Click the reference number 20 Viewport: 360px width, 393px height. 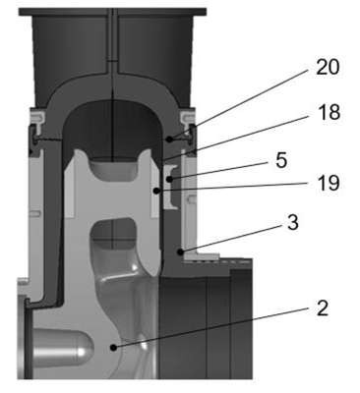pos(328,68)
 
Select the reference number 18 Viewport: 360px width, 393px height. pos(329,112)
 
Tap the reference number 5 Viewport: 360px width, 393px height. pos(281,161)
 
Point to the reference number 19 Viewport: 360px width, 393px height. pos(329,184)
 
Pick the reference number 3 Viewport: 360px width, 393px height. pos(292,223)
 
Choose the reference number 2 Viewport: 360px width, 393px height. pos(323,309)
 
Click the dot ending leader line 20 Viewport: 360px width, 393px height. pos(169,140)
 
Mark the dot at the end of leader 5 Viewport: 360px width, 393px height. pos(169,179)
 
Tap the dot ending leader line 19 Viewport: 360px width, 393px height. pos(157,190)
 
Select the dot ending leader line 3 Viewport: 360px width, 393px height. pos(180,252)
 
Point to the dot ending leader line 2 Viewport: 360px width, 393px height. pos(113,348)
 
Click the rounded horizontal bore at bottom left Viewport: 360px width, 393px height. pos(63,348)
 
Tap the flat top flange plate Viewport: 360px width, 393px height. pos(112,12)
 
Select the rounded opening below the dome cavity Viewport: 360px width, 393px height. pos(113,169)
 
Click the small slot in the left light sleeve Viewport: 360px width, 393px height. pos(35,213)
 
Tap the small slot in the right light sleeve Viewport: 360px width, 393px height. pos(192,198)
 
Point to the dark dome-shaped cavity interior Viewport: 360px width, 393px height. pos(112,131)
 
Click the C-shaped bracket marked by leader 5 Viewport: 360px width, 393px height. pos(171,187)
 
